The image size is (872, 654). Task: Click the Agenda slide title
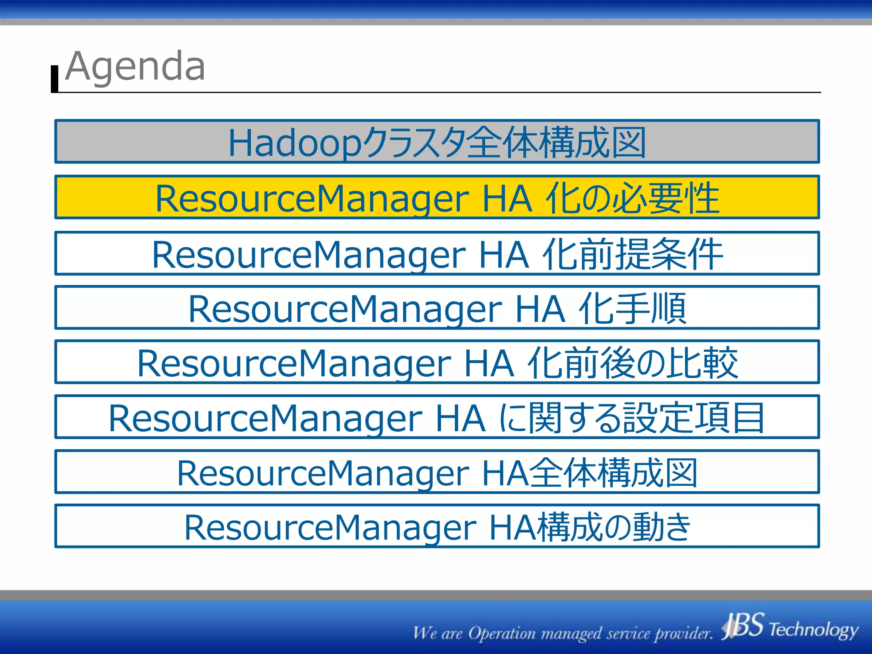tap(135, 67)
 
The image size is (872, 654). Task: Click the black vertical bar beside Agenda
tap(54, 79)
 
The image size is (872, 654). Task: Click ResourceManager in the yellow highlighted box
tap(312, 199)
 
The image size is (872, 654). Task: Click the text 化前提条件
tap(632, 254)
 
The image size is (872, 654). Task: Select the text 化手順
tap(632, 308)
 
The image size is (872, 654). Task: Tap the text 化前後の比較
tap(632, 363)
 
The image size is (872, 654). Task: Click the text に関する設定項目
tap(632, 418)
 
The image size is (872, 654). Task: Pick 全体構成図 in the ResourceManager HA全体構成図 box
tap(613, 473)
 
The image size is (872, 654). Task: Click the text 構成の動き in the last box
tap(613, 527)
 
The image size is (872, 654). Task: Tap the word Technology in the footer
tap(813, 629)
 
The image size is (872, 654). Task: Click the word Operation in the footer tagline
tap(502, 634)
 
